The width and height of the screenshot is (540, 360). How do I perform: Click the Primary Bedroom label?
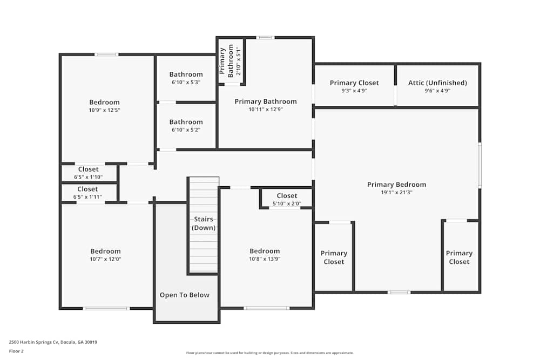tap(396, 185)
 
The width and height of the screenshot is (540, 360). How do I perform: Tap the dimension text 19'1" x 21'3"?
tap(396, 193)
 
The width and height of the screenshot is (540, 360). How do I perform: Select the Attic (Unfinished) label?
tap(437, 83)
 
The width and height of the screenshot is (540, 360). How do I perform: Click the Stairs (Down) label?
tap(204, 223)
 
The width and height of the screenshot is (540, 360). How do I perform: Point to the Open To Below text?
tap(184, 295)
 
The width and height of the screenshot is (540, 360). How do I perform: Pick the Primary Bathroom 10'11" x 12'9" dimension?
tap(265, 110)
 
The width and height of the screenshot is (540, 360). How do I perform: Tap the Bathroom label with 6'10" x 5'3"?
tap(186, 74)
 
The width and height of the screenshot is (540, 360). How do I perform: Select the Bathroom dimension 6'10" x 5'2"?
tap(186, 130)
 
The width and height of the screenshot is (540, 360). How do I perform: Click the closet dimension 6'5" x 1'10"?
tap(88, 177)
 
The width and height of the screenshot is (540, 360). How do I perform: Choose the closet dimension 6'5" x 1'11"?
tap(87, 197)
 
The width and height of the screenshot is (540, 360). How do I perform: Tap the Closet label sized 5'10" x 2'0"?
tap(287, 196)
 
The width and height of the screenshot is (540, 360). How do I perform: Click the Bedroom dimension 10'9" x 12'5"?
tap(104, 110)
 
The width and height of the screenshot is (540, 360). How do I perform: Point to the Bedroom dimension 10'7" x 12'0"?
tap(105, 259)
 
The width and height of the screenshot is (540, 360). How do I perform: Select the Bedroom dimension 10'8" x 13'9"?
tap(265, 259)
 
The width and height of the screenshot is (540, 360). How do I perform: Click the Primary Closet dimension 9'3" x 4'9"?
tap(354, 91)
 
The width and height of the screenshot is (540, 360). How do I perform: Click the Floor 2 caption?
tap(16, 351)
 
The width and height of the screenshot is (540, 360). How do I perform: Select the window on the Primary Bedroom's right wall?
tap(480, 165)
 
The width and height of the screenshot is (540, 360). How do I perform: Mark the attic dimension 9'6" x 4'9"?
tap(437, 91)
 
